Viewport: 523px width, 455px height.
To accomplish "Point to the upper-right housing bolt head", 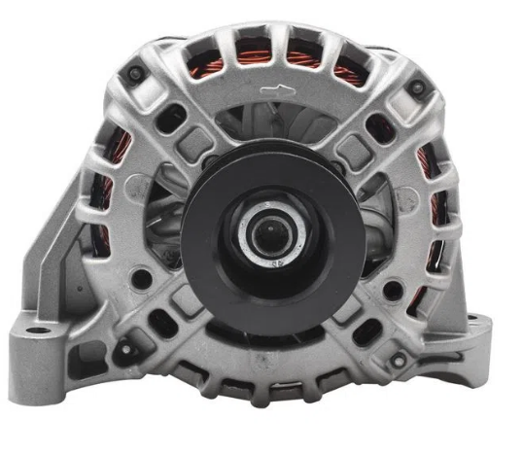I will (x=416, y=88).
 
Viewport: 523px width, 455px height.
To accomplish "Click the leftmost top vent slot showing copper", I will (x=209, y=66).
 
